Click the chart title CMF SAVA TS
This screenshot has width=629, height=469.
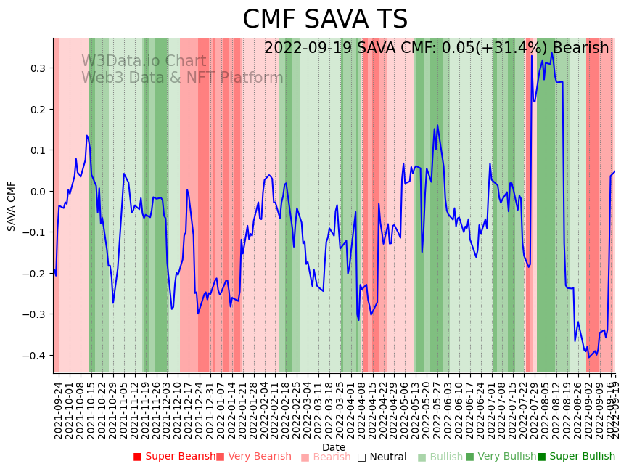(x=324, y=20)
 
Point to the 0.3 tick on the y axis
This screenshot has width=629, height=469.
(x=37, y=68)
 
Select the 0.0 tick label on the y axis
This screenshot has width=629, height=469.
(x=37, y=192)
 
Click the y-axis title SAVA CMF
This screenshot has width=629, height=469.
(x=12, y=206)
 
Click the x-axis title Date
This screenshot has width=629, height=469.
(x=334, y=447)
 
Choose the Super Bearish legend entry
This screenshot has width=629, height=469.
(x=174, y=457)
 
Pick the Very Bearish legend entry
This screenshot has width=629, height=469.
(x=253, y=457)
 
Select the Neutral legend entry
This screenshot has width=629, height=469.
(x=382, y=457)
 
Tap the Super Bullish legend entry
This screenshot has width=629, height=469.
(x=576, y=457)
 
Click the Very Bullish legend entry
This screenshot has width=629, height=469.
(x=501, y=457)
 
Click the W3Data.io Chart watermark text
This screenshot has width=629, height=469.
(x=144, y=62)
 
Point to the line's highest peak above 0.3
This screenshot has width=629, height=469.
(x=551, y=52)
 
